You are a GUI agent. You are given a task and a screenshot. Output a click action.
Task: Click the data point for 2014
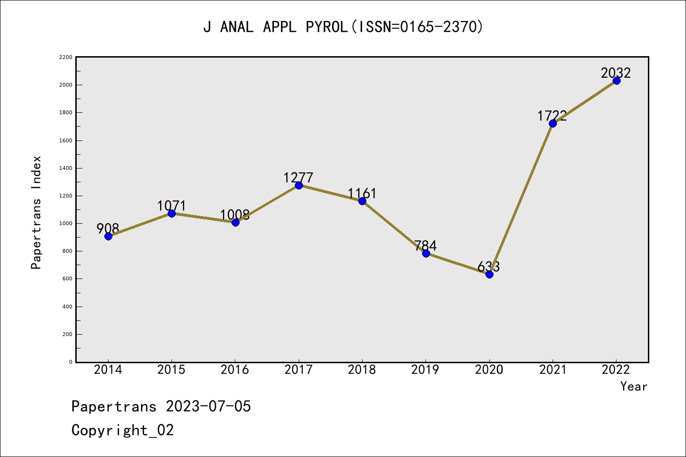[x=108, y=236]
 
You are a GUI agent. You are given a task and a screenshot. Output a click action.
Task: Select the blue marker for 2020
[x=489, y=274]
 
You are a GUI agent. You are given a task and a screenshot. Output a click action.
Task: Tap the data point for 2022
[x=616, y=80]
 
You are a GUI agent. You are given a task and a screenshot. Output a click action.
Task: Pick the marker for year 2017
[x=299, y=185]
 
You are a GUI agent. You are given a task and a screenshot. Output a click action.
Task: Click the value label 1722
[x=552, y=116]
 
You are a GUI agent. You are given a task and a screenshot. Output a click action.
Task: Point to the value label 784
[x=425, y=246]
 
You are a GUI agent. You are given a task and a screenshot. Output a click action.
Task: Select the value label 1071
[x=171, y=206]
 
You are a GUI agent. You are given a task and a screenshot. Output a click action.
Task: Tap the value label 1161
[x=362, y=193]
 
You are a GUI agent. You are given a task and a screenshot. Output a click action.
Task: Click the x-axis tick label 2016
[x=235, y=370]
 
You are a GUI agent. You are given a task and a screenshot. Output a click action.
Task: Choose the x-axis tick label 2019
[x=425, y=370]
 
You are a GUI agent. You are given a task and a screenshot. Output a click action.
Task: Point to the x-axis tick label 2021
[x=553, y=370]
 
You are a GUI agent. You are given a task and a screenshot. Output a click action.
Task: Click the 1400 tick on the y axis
[x=66, y=169]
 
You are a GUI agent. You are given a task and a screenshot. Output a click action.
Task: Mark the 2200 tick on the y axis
[x=66, y=58]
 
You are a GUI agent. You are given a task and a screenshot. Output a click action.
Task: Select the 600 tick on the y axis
[x=67, y=279]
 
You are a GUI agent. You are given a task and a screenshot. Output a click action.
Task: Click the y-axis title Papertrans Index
[x=36, y=212]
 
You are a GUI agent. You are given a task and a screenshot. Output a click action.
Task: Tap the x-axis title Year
[x=634, y=387]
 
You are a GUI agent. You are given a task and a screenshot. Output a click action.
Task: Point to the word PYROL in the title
[x=327, y=27]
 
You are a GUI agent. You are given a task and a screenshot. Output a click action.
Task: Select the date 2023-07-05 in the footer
[x=208, y=407]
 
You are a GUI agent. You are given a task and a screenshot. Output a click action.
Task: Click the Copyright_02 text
[x=122, y=430]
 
